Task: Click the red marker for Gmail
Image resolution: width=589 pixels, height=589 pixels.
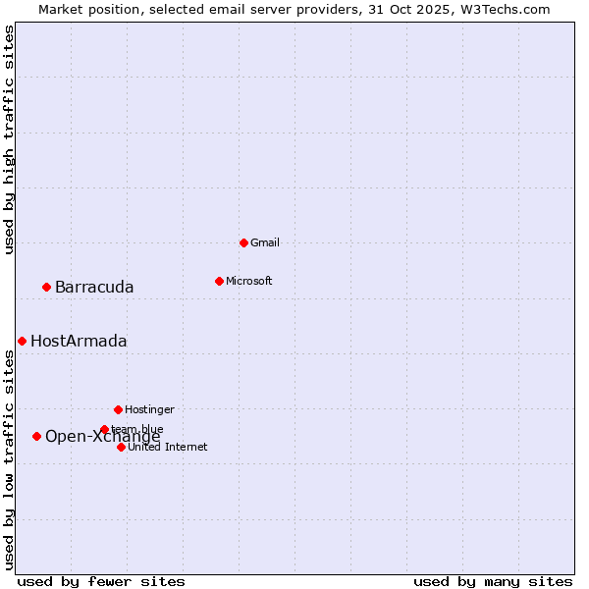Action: tap(243, 242)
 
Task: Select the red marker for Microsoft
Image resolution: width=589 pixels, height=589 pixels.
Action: tap(219, 281)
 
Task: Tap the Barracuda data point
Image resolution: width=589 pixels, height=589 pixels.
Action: tap(46, 287)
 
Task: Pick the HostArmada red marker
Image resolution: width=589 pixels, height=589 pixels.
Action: tap(22, 341)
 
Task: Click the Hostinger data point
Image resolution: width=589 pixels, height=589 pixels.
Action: tap(118, 409)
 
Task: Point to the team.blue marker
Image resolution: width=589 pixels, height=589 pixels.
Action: tap(104, 429)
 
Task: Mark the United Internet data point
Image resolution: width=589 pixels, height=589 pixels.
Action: tap(121, 447)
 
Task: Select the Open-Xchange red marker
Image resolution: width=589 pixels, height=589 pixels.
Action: tap(36, 436)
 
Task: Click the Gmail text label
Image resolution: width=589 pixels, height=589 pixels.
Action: tap(265, 242)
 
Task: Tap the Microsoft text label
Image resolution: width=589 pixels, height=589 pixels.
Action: tap(249, 281)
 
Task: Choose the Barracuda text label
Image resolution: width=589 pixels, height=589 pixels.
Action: tap(94, 287)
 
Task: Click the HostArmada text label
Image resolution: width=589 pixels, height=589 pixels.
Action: tap(79, 342)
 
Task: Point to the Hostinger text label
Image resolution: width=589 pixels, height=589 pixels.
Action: tap(149, 409)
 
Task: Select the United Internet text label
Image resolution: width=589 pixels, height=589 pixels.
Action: tap(168, 448)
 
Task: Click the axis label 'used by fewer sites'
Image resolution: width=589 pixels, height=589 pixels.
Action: tap(101, 581)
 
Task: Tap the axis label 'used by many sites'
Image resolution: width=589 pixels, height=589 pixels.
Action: tap(493, 581)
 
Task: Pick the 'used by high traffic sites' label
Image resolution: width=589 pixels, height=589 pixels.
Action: tap(9, 139)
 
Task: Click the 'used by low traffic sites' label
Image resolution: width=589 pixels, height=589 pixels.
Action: tap(9, 459)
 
